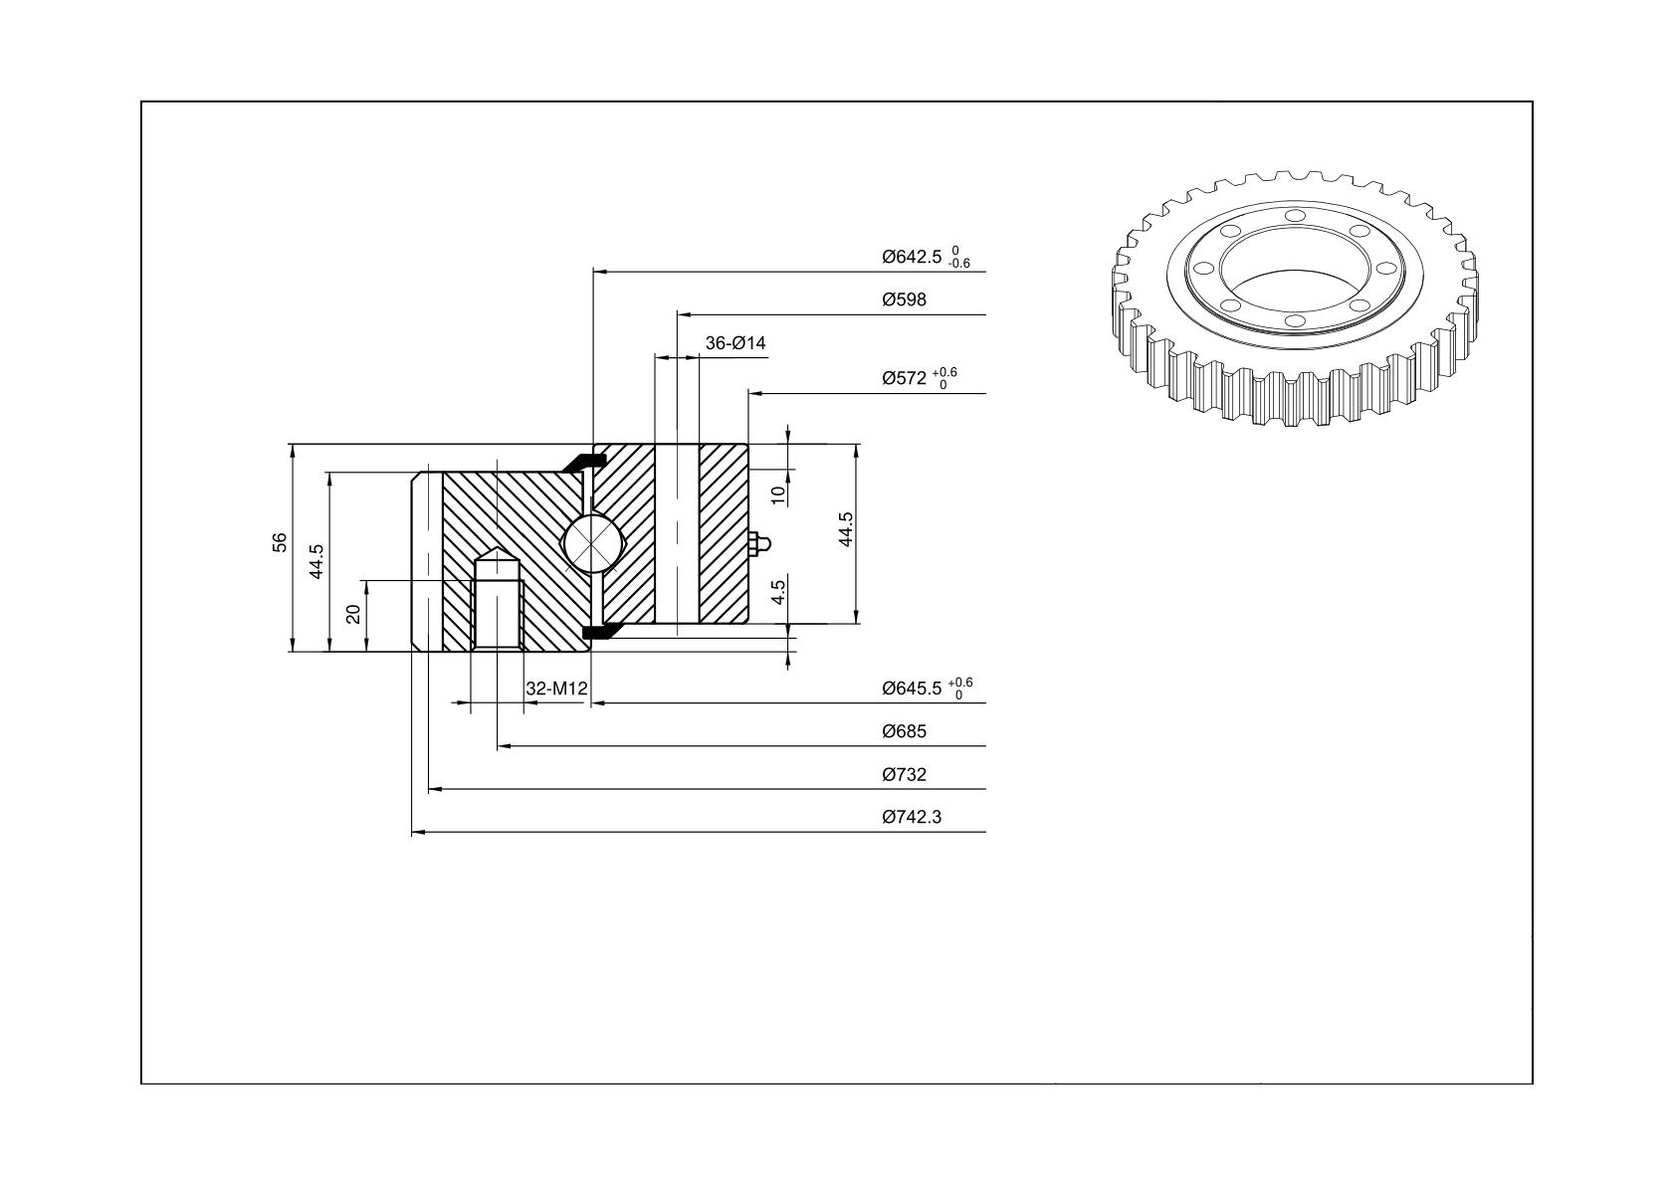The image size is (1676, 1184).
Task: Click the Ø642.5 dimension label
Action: click(912, 258)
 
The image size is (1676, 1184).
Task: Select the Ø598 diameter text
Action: click(904, 299)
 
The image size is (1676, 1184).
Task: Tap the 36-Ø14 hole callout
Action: click(735, 343)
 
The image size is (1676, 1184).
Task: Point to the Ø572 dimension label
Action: click(904, 378)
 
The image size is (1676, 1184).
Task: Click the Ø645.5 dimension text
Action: click(912, 689)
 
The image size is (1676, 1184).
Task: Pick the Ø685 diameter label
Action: click(904, 731)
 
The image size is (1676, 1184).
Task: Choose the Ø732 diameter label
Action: click(904, 775)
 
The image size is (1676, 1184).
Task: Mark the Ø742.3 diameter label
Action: click(912, 818)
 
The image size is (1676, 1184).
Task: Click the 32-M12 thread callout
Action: click(556, 689)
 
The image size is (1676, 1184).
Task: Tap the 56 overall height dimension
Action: click(279, 542)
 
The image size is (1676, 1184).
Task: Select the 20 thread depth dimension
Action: click(354, 614)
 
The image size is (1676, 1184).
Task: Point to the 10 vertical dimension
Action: click(778, 495)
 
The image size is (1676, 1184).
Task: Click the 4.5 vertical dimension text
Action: click(778, 592)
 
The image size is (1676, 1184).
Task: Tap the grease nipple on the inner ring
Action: click(758, 544)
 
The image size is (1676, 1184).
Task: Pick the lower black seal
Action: click(599, 631)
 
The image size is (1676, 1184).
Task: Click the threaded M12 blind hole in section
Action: click(498, 598)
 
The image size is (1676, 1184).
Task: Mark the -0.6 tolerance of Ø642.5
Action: click(958, 264)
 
